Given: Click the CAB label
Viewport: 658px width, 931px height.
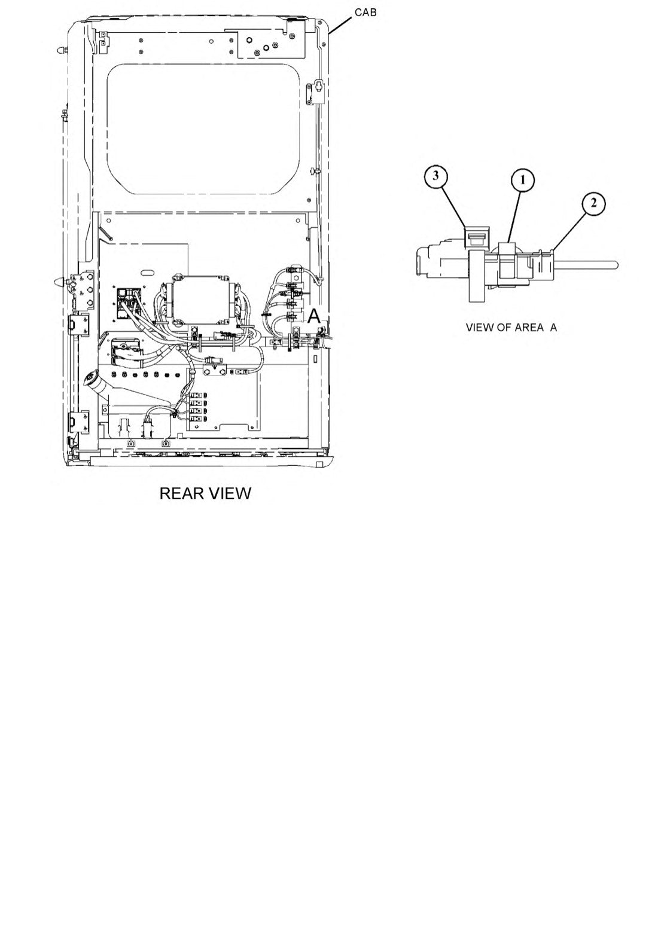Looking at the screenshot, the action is click(x=365, y=13).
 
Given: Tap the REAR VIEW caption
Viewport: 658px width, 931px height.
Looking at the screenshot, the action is click(x=205, y=493).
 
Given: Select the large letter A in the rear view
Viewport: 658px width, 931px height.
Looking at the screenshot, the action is click(x=314, y=317).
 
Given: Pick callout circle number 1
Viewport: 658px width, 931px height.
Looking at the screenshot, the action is click(x=522, y=180).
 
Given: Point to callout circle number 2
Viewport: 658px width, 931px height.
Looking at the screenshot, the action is click(x=593, y=203).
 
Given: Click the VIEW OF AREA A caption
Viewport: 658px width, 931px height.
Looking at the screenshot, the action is click(x=511, y=328).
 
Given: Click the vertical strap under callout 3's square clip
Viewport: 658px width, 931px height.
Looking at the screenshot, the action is click(x=477, y=276).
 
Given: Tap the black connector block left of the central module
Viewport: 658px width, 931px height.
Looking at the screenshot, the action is click(x=127, y=305).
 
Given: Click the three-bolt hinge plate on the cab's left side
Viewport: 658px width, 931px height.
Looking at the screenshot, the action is click(x=85, y=289).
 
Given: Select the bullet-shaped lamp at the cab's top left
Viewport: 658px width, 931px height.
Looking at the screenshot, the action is click(x=62, y=50).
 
